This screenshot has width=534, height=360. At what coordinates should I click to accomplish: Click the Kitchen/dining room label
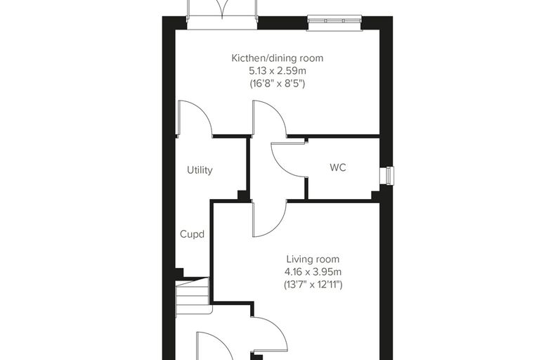pyautogui.click(x=278, y=58)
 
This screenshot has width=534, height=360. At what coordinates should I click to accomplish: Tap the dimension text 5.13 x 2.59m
pyautogui.click(x=278, y=71)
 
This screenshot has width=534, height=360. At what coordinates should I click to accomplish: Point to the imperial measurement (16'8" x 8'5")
pyautogui.click(x=278, y=84)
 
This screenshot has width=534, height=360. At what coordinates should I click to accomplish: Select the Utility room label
pyautogui.click(x=200, y=170)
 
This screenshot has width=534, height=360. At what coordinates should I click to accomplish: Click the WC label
pyautogui.click(x=338, y=167)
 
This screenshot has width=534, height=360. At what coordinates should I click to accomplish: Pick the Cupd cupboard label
pyautogui.click(x=192, y=235)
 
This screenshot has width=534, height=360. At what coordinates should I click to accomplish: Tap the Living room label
pyautogui.click(x=313, y=259)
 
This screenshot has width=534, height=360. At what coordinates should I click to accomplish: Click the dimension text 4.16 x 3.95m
pyautogui.click(x=313, y=272)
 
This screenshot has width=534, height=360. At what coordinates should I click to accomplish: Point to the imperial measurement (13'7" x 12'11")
pyautogui.click(x=313, y=284)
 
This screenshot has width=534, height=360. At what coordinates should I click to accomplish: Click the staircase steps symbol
pyautogui.click(x=193, y=296)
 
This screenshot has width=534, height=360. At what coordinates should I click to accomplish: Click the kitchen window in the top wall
pyautogui.click(x=334, y=22)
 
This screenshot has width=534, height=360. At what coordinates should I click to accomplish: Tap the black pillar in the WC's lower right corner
pyautogui.click(x=376, y=195)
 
